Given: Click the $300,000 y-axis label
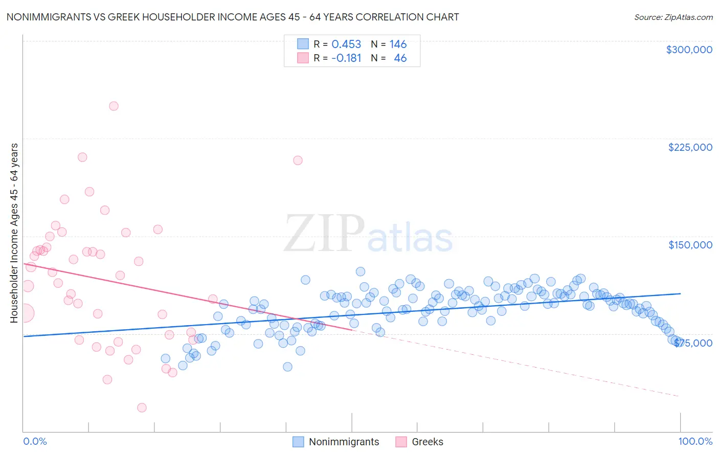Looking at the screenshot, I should click(x=689, y=50).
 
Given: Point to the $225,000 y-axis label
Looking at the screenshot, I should click(x=690, y=147).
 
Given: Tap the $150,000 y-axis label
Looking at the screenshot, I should click(x=690, y=245).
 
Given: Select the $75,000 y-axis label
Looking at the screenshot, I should click(x=693, y=343).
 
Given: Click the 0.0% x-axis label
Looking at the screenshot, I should click(x=35, y=441).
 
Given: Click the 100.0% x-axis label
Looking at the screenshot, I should click(x=695, y=441).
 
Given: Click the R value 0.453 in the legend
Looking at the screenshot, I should click(x=346, y=44).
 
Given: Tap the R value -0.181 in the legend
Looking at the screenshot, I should click(x=346, y=58).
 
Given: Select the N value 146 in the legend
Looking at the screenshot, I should click(x=398, y=44).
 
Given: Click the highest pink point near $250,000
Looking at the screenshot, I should click(x=114, y=106).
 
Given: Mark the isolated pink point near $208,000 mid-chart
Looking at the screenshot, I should click(x=298, y=161).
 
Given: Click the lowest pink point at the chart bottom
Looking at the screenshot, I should click(x=142, y=407).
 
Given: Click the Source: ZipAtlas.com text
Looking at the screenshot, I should click(x=673, y=17).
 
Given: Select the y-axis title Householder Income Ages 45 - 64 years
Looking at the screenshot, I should click(x=14, y=233).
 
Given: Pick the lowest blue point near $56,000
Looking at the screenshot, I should click(x=287, y=367).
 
